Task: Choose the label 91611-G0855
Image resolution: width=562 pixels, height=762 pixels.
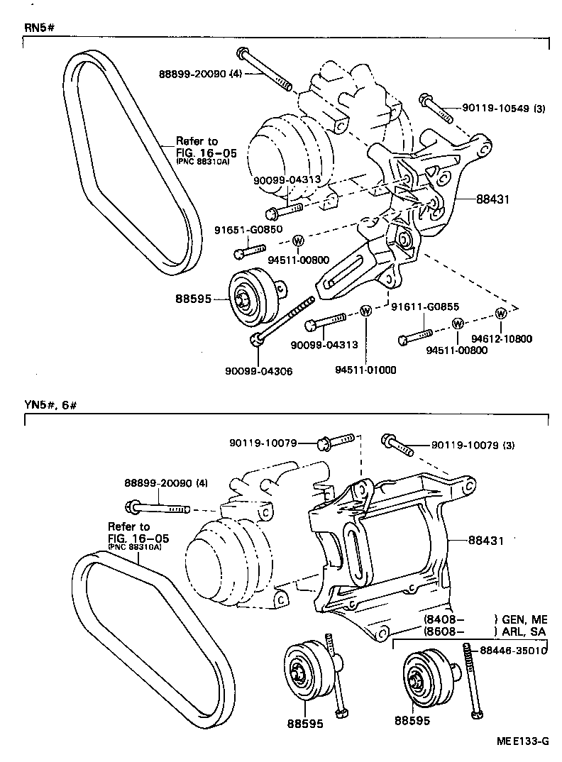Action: click(x=426, y=307)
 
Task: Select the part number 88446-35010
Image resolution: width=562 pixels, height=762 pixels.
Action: click(x=513, y=649)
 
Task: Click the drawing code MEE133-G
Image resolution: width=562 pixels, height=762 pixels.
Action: click(x=523, y=742)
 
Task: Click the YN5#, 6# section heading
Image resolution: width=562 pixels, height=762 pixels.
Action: click(x=50, y=405)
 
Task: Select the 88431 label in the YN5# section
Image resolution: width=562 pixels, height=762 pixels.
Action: click(x=485, y=540)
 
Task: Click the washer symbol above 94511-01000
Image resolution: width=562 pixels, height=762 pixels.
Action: click(x=365, y=310)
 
